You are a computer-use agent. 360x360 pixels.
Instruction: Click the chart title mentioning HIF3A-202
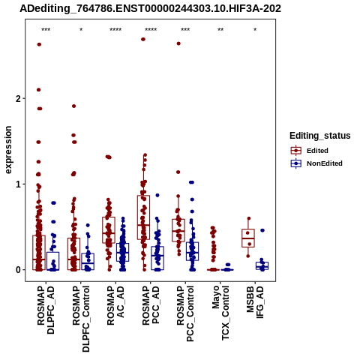[x=150, y=8]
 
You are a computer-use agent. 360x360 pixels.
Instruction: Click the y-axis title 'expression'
[x=8, y=150]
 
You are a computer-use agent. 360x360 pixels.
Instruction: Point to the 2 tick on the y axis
[x=19, y=99]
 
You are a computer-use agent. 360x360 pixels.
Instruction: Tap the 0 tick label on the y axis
[x=19, y=270]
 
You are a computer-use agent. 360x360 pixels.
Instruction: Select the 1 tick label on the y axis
[x=19, y=184]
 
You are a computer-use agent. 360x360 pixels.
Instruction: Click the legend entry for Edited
[x=317, y=151]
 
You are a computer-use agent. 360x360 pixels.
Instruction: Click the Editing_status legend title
[x=320, y=136]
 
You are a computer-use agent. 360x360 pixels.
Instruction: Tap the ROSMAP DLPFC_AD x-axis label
[x=46, y=310]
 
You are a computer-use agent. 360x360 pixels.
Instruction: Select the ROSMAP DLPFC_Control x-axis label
[x=81, y=319]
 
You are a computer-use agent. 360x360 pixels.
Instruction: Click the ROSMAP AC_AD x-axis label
[x=115, y=305]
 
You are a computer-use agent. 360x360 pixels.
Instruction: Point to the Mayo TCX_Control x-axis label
[x=220, y=313]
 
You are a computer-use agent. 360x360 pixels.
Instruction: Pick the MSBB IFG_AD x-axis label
[x=255, y=302]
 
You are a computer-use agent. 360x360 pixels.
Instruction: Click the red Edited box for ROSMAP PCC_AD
[x=143, y=217]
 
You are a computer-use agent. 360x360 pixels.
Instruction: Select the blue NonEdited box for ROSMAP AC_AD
[x=122, y=252]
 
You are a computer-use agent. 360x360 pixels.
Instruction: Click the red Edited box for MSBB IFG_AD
[x=248, y=238]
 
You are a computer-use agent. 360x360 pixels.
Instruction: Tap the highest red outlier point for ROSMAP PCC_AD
[x=143, y=39]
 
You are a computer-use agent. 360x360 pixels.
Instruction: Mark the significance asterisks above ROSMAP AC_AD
[x=115, y=30]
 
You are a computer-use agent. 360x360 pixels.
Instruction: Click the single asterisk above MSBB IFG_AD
[x=255, y=30]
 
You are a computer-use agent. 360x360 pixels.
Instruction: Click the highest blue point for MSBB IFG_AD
[x=262, y=230]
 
